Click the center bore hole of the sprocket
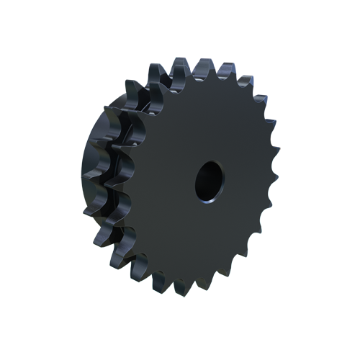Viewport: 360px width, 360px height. (x=208, y=180)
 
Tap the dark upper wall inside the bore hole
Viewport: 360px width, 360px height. (x=210, y=170)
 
